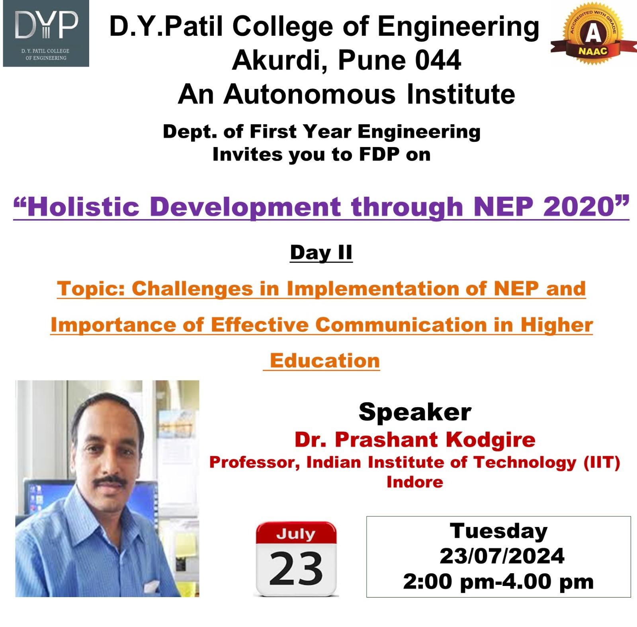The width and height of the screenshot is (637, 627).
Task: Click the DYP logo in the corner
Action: click(x=46, y=33)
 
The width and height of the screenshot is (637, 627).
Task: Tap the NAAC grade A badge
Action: click(x=593, y=33)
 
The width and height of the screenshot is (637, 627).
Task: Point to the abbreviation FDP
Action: click(x=379, y=154)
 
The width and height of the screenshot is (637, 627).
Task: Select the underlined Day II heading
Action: click(x=321, y=253)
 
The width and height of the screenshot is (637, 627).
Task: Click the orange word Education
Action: click(x=324, y=361)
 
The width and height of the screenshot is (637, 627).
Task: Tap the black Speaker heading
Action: click(x=415, y=412)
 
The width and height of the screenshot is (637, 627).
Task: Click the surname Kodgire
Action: click(x=490, y=440)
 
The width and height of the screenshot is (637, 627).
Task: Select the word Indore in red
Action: click(x=415, y=482)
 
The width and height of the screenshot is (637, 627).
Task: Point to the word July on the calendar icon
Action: click(x=296, y=534)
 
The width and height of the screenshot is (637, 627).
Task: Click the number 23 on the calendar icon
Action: click(x=296, y=568)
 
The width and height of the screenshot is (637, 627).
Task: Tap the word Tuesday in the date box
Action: click(x=498, y=531)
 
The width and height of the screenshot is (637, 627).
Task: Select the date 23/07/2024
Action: click(x=502, y=556)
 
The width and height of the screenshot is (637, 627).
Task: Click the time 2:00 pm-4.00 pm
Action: click(x=498, y=582)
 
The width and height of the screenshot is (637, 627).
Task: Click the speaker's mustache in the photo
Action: click(x=110, y=481)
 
